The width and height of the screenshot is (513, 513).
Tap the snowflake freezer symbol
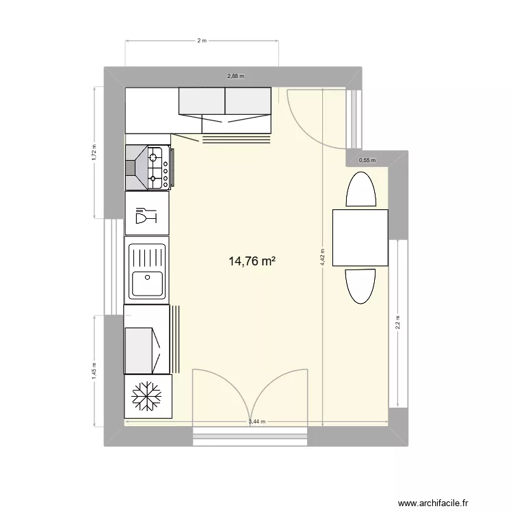pos(146,397)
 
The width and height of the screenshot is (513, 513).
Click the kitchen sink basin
pos(146,283)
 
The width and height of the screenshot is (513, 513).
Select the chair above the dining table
pos(360,189)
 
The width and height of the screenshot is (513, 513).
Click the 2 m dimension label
pos(202,41)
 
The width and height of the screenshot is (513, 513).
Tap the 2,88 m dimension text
pos(236,77)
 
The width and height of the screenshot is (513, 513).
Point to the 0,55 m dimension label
pos(367,160)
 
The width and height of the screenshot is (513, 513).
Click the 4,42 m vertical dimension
pos(322,256)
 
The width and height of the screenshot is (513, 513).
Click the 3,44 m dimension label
pos(256,422)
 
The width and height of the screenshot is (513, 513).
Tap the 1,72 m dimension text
pos(94,153)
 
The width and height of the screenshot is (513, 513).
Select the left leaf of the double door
pos(218,397)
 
